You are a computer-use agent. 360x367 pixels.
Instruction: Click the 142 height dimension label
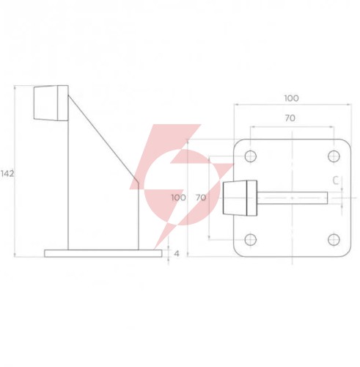(x=7, y=174)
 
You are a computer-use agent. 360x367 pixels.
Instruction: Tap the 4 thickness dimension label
(x=177, y=254)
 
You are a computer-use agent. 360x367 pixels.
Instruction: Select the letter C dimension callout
(x=336, y=181)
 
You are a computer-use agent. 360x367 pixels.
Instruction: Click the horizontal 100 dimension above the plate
(x=291, y=98)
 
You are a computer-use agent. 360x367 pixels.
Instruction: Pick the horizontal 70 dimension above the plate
(x=290, y=118)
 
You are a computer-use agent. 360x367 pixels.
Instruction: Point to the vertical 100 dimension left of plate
(x=178, y=197)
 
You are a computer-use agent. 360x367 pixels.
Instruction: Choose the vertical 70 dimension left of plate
(x=201, y=197)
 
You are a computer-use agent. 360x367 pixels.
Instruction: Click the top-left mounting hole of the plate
(x=251, y=156)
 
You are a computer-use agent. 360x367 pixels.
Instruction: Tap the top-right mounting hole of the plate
(x=334, y=156)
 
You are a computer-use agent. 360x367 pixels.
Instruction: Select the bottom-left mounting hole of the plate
(x=251, y=239)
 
